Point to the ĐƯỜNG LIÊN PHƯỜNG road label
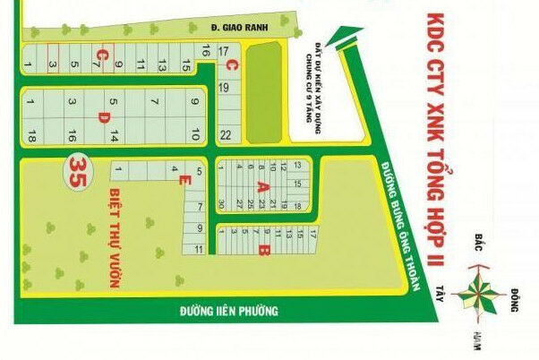[228, 312]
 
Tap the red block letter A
[262, 186]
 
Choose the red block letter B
[263, 249]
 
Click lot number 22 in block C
[226, 135]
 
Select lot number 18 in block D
[31, 136]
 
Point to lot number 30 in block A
[221, 204]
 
